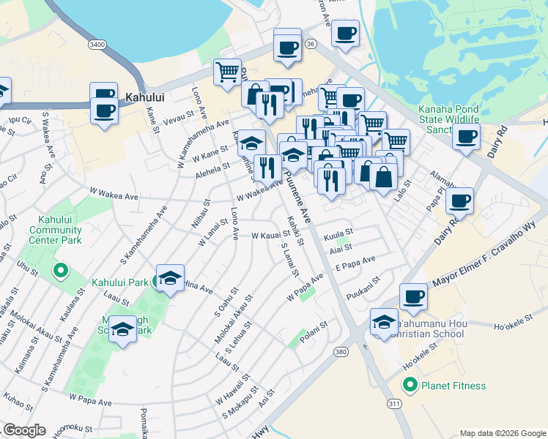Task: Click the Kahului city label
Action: point(144,96)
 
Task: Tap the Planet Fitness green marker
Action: point(410,385)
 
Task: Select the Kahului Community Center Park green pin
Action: point(59,271)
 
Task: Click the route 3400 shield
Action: point(97,45)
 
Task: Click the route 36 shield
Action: point(311,45)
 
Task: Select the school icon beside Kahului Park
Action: point(170,278)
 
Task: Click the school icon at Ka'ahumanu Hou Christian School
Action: point(384,322)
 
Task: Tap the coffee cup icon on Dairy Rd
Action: point(459,200)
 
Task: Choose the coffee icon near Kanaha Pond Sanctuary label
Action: point(466,136)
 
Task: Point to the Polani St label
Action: point(312,326)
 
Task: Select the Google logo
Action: point(24,430)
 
